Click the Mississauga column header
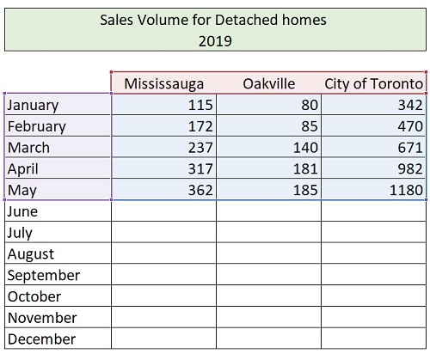point(163,84)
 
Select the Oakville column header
point(269,84)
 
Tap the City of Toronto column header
point(373,84)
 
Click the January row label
point(33,105)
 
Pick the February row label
point(37,126)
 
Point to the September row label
point(44,276)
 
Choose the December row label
point(42,339)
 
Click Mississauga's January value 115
point(200,105)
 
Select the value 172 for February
point(200,126)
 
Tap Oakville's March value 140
point(305,148)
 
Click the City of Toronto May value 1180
point(406,190)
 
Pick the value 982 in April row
point(410,168)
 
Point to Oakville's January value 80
point(310,105)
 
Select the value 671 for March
point(410,148)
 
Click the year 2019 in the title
point(215,41)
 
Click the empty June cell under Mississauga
point(163,211)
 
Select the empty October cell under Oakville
point(269,296)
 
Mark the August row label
point(31,254)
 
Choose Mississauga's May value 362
point(200,190)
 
